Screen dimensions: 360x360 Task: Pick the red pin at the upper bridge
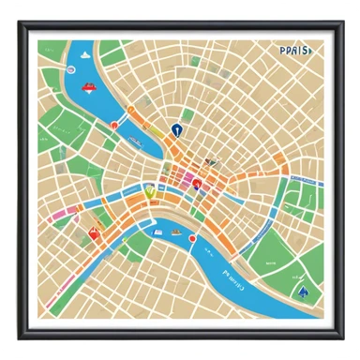[x=113, y=123]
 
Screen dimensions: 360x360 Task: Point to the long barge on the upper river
[x=136, y=142]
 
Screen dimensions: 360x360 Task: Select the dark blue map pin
[x=175, y=129]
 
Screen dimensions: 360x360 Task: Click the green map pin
[x=148, y=194]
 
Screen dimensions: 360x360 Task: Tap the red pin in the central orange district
[x=196, y=184]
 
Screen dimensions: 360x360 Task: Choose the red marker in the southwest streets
[x=93, y=232]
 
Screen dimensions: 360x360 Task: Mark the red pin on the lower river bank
[x=193, y=238]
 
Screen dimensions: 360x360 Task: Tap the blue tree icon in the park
[x=301, y=291]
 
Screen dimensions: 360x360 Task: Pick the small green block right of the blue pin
[x=188, y=117]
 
